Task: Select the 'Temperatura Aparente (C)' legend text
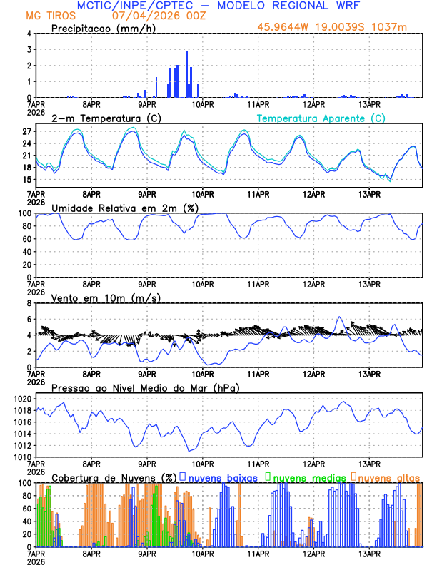click(321, 118)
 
